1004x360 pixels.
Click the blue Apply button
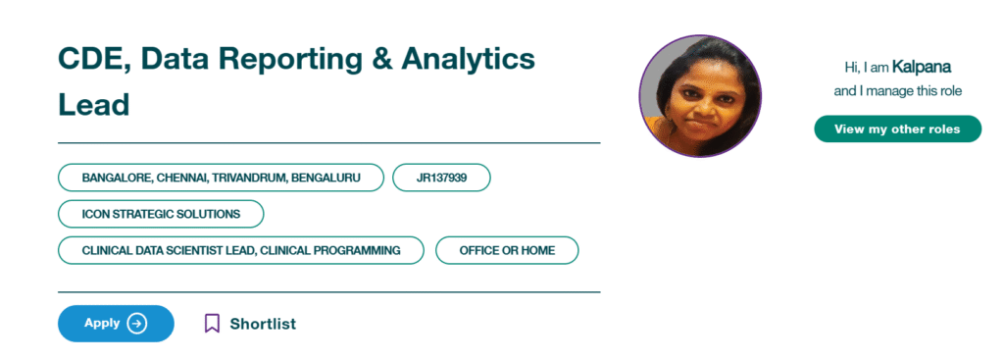point(116,324)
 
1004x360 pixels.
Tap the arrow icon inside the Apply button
point(136,324)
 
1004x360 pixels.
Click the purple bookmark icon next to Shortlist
point(212,324)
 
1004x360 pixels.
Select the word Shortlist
point(263,324)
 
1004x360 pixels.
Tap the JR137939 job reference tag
point(442,178)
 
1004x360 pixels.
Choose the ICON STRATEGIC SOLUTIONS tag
point(162,214)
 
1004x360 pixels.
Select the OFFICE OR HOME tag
point(507,250)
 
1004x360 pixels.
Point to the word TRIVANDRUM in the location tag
point(248,179)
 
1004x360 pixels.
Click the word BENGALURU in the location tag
point(326,179)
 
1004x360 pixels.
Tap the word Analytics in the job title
point(468,60)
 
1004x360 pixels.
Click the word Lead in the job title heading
point(93,104)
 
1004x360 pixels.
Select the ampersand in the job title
point(376,60)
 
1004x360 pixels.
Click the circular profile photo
point(700,96)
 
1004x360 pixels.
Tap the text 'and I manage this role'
point(898,91)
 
